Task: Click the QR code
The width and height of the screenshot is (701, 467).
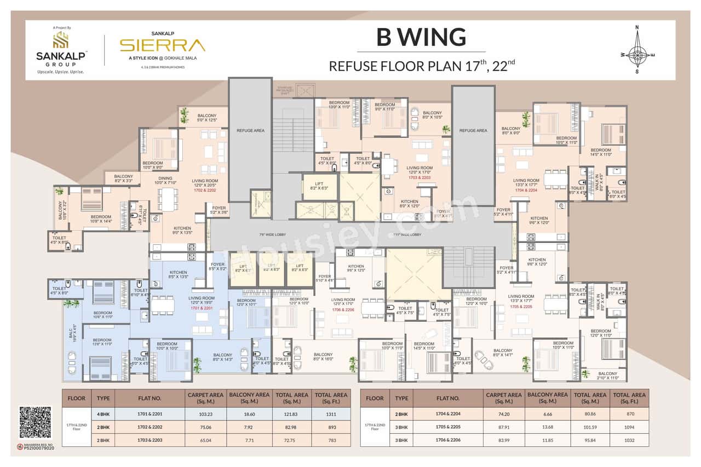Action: pyautogui.click(x=35, y=422)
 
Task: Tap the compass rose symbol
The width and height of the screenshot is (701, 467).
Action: pyautogui.click(x=637, y=50)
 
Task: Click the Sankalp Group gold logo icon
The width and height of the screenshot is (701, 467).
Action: pyautogui.click(x=60, y=40)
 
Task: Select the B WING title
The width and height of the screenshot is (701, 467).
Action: pyautogui.click(x=421, y=37)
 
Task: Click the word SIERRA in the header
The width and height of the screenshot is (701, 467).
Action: pyautogui.click(x=163, y=45)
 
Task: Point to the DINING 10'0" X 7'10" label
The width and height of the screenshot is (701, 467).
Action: pyautogui.click(x=166, y=181)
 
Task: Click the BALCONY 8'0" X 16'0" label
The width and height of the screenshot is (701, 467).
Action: pyautogui.click(x=323, y=356)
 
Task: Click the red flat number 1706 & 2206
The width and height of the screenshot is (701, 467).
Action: pyautogui.click(x=346, y=310)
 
